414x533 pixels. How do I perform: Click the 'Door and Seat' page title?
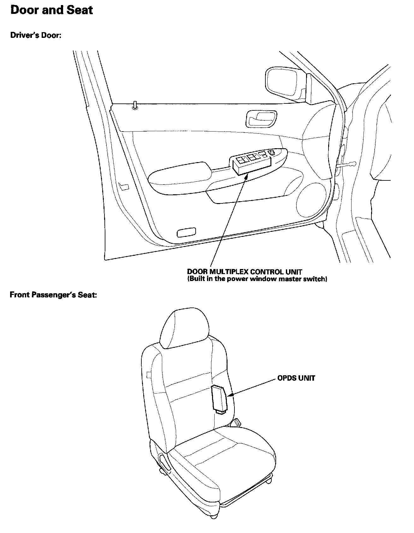pyautogui.click(x=52, y=10)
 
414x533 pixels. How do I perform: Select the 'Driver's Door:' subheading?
pyautogui.click(x=35, y=35)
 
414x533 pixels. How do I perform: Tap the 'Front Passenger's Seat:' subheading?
pyautogui.click(x=53, y=295)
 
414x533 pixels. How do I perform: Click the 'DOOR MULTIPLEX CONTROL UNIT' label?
pyautogui.click(x=245, y=272)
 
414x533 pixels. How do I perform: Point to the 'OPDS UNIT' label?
pyautogui.click(x=296, y=378)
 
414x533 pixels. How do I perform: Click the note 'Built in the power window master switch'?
pyautogui.click(x=257, y=279)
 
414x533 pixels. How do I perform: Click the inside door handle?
pyautogui.click(x=261, y=118)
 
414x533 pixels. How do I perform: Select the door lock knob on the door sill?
pyautogui.click(x=135, y=105)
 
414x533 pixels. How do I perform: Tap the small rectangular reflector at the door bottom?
pyautogui.click(x=186, y=233)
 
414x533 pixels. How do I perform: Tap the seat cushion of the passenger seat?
pyautogui.click(x=221, y=454)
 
